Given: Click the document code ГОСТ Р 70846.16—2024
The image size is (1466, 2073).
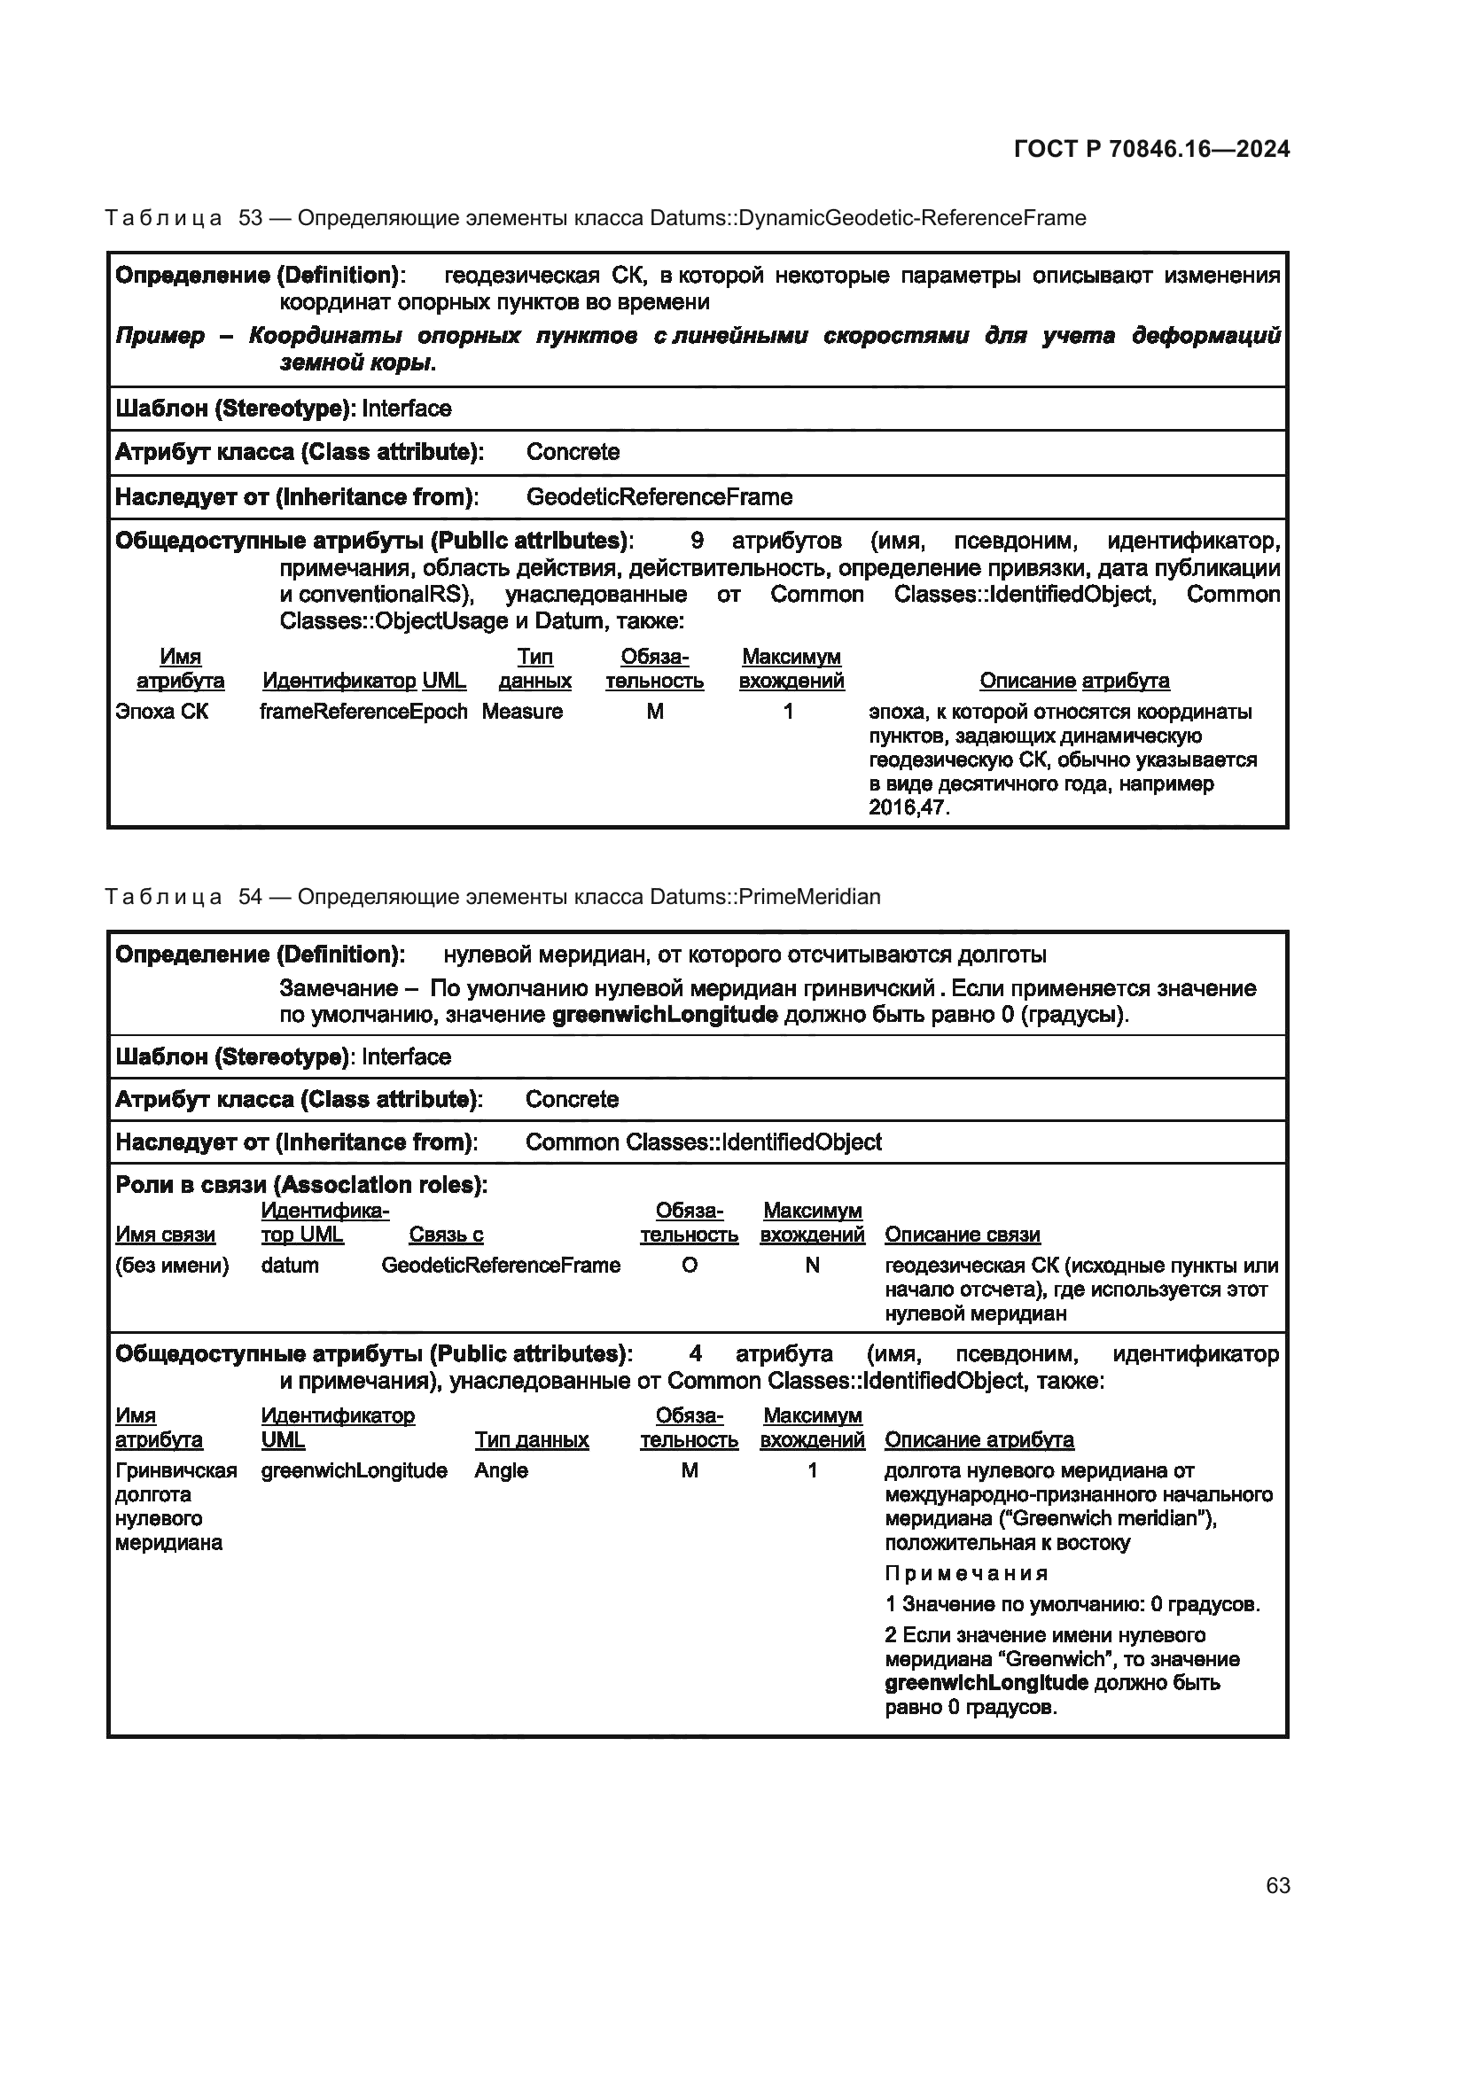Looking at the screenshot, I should [x=1152, y=149].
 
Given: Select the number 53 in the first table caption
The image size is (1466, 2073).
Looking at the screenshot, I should [x=250, y=219].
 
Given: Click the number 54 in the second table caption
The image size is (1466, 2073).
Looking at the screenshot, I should [x=250, y=897].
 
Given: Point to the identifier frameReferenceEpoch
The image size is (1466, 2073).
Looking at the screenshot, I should [x=363, y=712].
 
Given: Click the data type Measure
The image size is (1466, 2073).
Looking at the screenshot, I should [x=522, y=712].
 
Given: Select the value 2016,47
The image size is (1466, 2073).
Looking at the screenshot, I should [x=908, y=807].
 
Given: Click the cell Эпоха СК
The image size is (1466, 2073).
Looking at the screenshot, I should [x=161, y=712].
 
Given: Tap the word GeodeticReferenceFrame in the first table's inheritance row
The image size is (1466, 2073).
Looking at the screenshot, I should [x=659, y=497].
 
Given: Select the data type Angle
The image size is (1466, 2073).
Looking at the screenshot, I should [x=501, y=1469].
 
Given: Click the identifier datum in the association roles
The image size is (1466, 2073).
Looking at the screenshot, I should [x=290, y=1265].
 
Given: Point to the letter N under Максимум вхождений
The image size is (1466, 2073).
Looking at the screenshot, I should [x=812, y=1265].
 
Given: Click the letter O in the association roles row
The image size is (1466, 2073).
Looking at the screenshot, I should [x=689, y=1265].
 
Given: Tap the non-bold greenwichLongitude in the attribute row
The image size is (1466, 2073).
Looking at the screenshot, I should [x=354, y=1469].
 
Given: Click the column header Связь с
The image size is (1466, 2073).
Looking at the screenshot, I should [x=446, y=1235].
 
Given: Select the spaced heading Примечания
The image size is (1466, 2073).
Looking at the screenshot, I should [x=966, y=1574].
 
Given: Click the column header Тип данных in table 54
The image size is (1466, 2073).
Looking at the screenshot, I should [x=532, y=1439].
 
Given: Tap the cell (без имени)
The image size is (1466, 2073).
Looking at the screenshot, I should [x=172, y=1265].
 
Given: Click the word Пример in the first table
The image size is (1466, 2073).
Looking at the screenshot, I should [x=160, y=336].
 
